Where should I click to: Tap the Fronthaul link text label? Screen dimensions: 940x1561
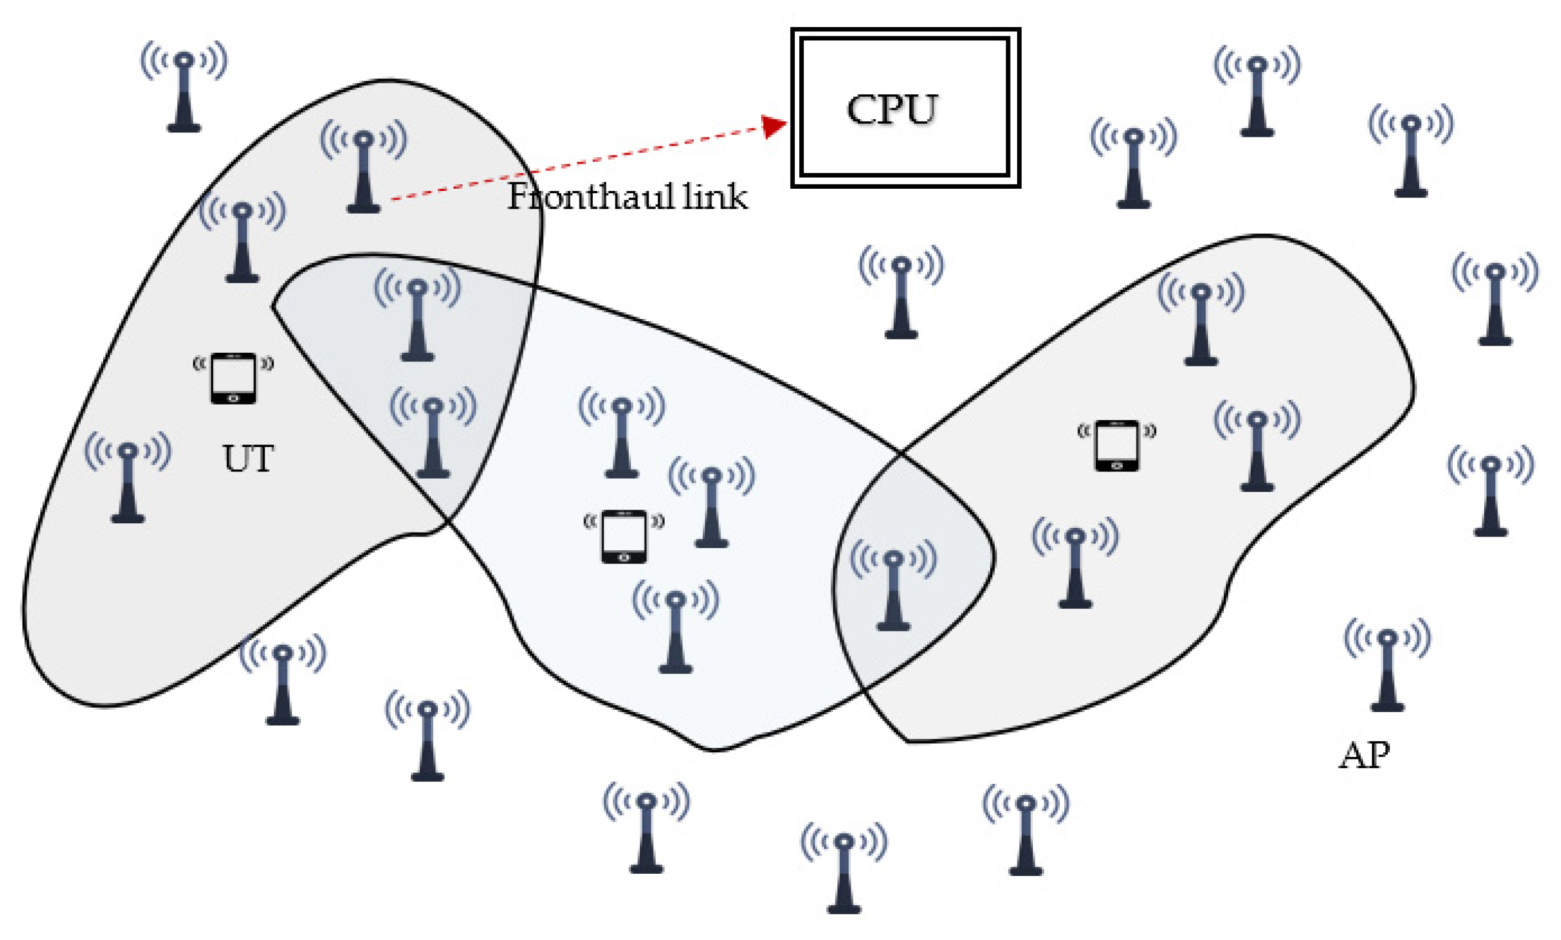[627, 197]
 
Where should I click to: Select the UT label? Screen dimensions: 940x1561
[248, 459]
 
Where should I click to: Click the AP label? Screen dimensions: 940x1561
[1364, 755]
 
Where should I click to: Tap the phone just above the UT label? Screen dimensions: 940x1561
[233, 378]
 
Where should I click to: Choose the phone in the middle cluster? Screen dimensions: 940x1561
[624, 536]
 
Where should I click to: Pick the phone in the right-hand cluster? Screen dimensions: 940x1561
[1117, 445]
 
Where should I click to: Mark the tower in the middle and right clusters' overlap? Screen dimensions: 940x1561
[893, 589]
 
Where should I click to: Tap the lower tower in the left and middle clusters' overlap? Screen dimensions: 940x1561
[433, 437]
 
